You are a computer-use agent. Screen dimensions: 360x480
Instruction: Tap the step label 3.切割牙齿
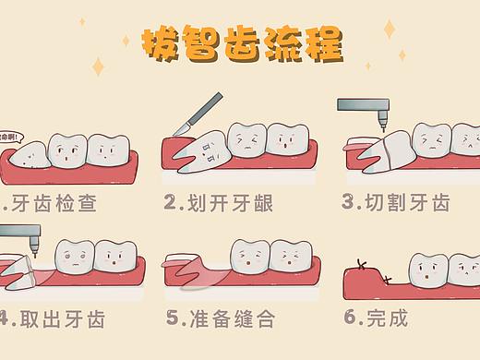[x=396, y=201]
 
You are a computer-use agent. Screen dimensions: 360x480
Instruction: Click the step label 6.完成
[x=375, y=318]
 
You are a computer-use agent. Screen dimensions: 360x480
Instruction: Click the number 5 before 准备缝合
[x=173, y=318]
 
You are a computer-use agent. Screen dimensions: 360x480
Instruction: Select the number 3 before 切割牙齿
[x=348, y=201]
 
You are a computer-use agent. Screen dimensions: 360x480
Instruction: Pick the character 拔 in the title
[x=156, y=42]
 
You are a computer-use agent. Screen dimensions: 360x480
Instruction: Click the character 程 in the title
[x=325, y=42]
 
